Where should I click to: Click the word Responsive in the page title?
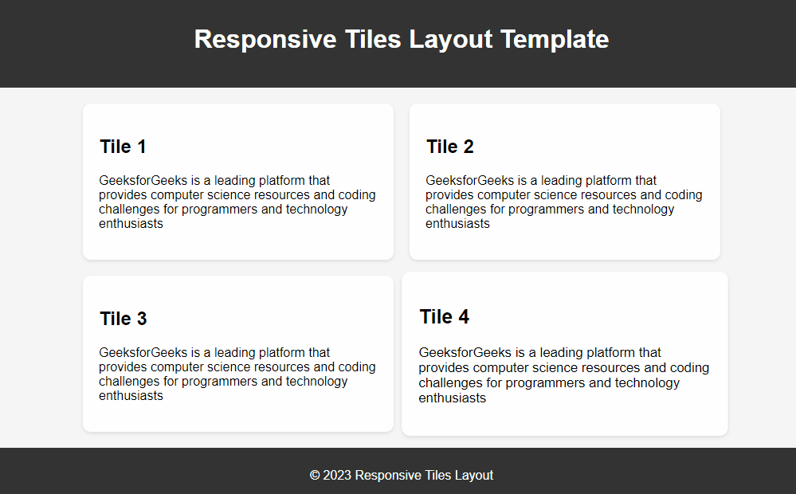tap(265, 40)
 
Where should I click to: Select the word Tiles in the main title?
tap(373, 38)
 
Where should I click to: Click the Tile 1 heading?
tap(123, 147)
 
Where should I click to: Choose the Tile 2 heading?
tap(449, 147)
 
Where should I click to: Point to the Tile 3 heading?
tap(124, 319)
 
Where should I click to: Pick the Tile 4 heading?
tap(444, 317)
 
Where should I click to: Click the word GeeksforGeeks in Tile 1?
tap(143, 180)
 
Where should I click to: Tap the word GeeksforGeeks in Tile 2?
tap(469, 180)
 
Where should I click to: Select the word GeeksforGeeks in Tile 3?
tap(143, 352)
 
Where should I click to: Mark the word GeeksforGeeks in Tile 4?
tap(465, 352)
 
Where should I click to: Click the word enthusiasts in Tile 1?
tap(131, 223)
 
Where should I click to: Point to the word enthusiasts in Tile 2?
tap(457, 223)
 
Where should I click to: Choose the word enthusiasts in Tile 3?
tap(131, 395)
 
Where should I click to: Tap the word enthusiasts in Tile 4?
tap(453, 398)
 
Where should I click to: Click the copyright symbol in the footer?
tap(315, 475)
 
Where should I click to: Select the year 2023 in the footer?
tap(337, 475)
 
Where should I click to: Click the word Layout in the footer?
tap(473, 475)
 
